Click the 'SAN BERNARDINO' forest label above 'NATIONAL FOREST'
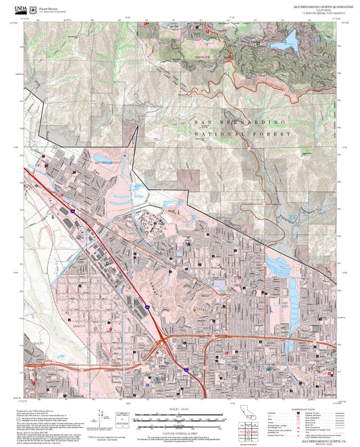242,122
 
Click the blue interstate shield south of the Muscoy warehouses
146,307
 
